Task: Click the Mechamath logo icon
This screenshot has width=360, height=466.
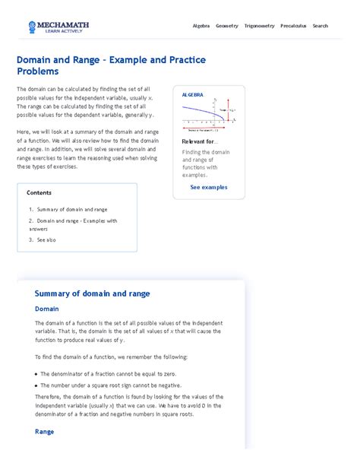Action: [33, 27]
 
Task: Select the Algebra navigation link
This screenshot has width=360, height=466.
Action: [201, 26]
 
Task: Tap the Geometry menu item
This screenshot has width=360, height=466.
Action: [226, 26]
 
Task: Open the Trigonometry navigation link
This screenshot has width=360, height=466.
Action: [259, 26]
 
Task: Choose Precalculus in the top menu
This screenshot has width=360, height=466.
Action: [293, 26]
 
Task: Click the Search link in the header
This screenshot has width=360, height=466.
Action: [321, 26]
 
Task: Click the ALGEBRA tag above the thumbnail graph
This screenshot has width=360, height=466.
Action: [193, 95]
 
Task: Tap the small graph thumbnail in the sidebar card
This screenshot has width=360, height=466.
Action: [209, 115]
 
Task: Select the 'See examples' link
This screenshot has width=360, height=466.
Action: [209, 186]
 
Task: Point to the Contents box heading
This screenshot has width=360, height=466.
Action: [39, 193]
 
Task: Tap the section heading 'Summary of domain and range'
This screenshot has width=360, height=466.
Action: [92, 293]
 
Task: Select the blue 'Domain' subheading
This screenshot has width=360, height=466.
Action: [46, 309]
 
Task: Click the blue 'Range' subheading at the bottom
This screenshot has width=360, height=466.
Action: [44, 432]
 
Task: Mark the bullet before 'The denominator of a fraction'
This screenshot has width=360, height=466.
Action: [37, 374]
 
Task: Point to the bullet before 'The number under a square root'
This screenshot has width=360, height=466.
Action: [37, 385]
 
